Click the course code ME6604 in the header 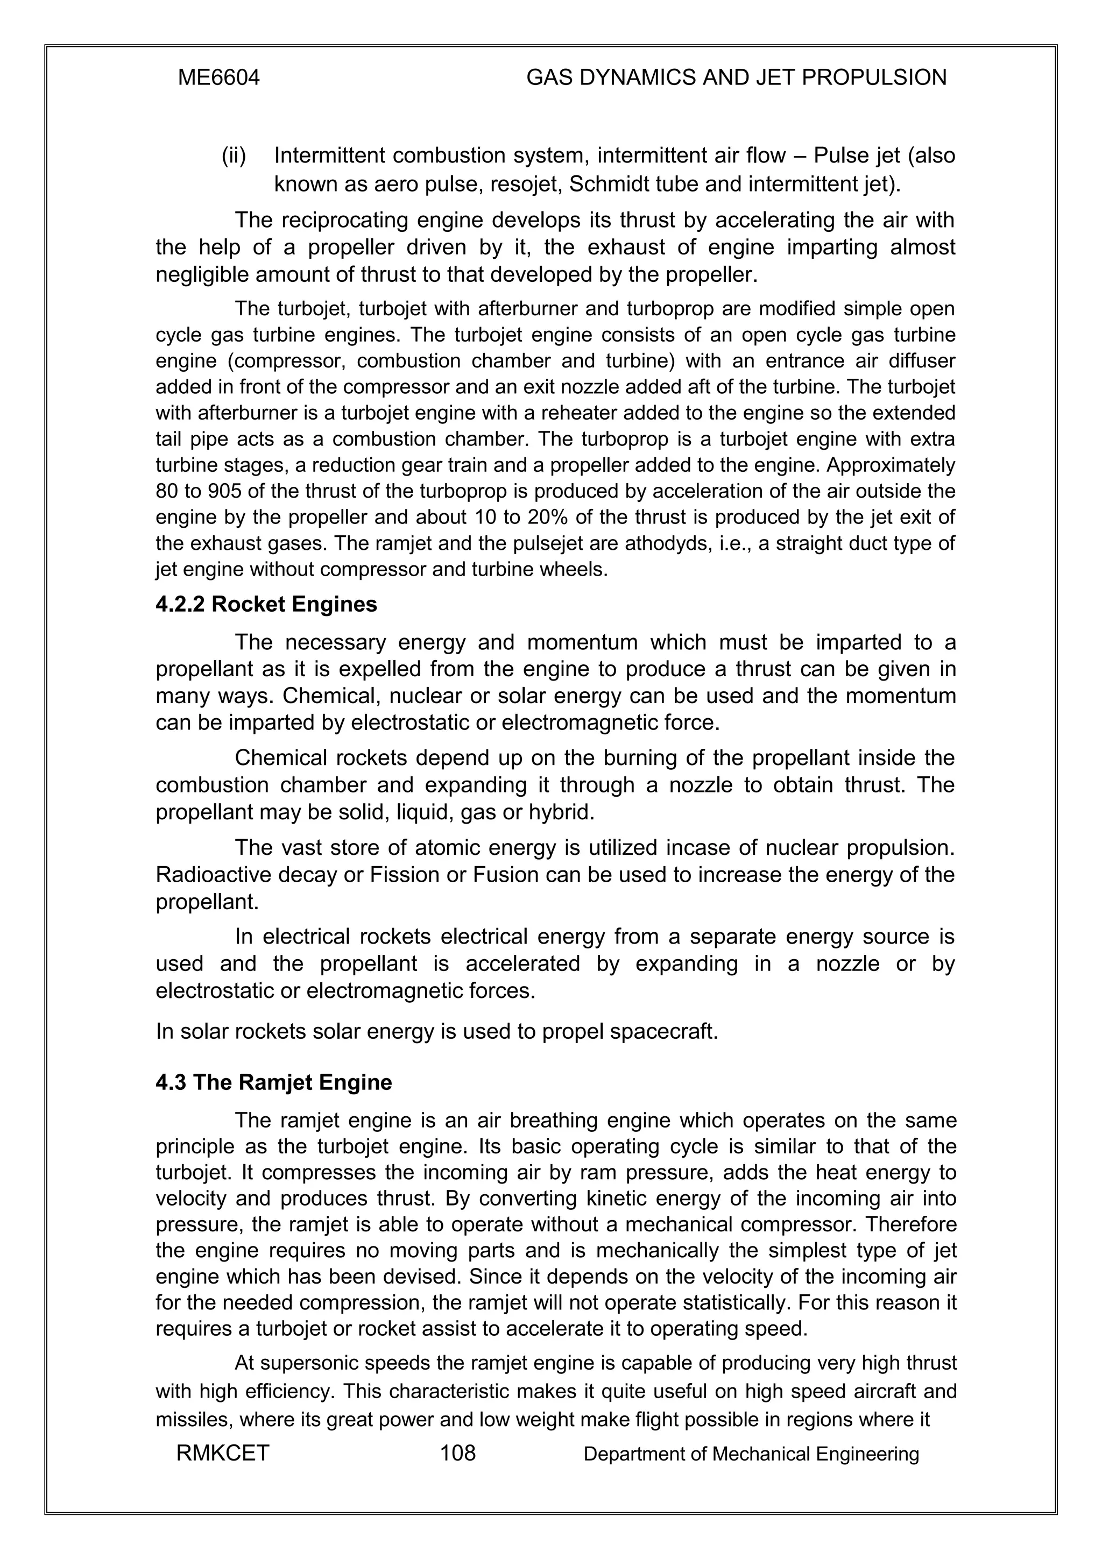218,78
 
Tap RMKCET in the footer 223,1453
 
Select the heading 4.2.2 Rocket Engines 266,604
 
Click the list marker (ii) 234,155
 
